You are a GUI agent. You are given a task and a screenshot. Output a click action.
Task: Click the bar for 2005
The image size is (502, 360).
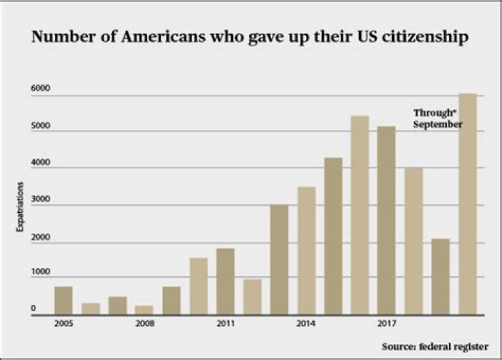(x=63, y=301)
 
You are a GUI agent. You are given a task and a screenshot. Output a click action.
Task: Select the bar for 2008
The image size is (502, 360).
(x=144, y=310)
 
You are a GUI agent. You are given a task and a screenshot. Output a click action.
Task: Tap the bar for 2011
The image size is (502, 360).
(x=225, y=282)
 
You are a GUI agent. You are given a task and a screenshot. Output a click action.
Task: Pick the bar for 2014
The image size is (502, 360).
(x=306, y=251)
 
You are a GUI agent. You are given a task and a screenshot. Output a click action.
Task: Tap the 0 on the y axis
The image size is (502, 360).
(x=33, y=308)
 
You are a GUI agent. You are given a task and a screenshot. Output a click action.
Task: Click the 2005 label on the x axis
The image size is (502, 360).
(x=63, y=324)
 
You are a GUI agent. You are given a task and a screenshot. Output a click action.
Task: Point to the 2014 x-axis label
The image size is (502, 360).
(x=306, y=324)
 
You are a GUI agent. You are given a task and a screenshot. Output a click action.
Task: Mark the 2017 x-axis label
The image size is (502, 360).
(x=387, y=324)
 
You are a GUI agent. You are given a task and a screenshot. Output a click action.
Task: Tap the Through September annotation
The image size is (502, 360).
(x=437, y=118)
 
